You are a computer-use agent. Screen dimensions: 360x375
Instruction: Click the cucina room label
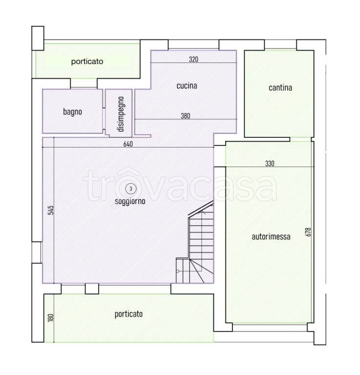[x=187, y=85]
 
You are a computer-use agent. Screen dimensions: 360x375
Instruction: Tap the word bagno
[x=72, y=112]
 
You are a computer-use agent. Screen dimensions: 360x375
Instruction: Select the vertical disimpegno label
[x=121, y=114]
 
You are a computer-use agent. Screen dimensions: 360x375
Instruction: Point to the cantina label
[x=280, y=88]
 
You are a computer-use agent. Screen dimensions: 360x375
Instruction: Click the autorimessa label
[x=271, y=237]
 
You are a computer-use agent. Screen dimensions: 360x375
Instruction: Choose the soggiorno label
[x=130, y=201]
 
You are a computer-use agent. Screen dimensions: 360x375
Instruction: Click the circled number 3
[x=131, y=188]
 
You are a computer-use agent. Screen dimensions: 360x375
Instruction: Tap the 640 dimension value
[x=128, y=144]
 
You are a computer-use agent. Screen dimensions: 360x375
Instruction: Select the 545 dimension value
[x=51, y=210]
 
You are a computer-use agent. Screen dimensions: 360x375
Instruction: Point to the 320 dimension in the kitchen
[x=193, y=59]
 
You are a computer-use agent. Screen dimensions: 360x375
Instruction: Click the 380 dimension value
[x=186, y=116]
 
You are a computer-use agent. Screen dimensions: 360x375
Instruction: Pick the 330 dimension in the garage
[x=270, y=164]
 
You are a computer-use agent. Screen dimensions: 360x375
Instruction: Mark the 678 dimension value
[x=308, y=232]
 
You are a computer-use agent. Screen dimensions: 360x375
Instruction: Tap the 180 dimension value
[x=51, y=317]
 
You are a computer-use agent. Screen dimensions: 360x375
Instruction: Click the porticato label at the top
[x=87, y=62]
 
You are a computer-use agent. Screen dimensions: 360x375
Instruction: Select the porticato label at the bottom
[x=128, y=314]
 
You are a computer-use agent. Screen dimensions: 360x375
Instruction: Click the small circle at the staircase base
[x=177, y=271]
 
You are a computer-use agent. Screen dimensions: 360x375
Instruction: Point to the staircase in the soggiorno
[x=195, y=242]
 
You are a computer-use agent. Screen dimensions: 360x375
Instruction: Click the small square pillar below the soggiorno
[x=92, y=289]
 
